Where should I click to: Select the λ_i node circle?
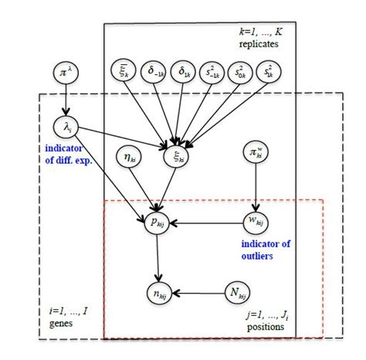[63, 125]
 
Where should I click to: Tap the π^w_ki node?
[255, 151]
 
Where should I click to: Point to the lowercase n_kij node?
[161, 294]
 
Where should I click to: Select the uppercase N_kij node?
[238, 292]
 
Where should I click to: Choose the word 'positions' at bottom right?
[265, 328]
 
